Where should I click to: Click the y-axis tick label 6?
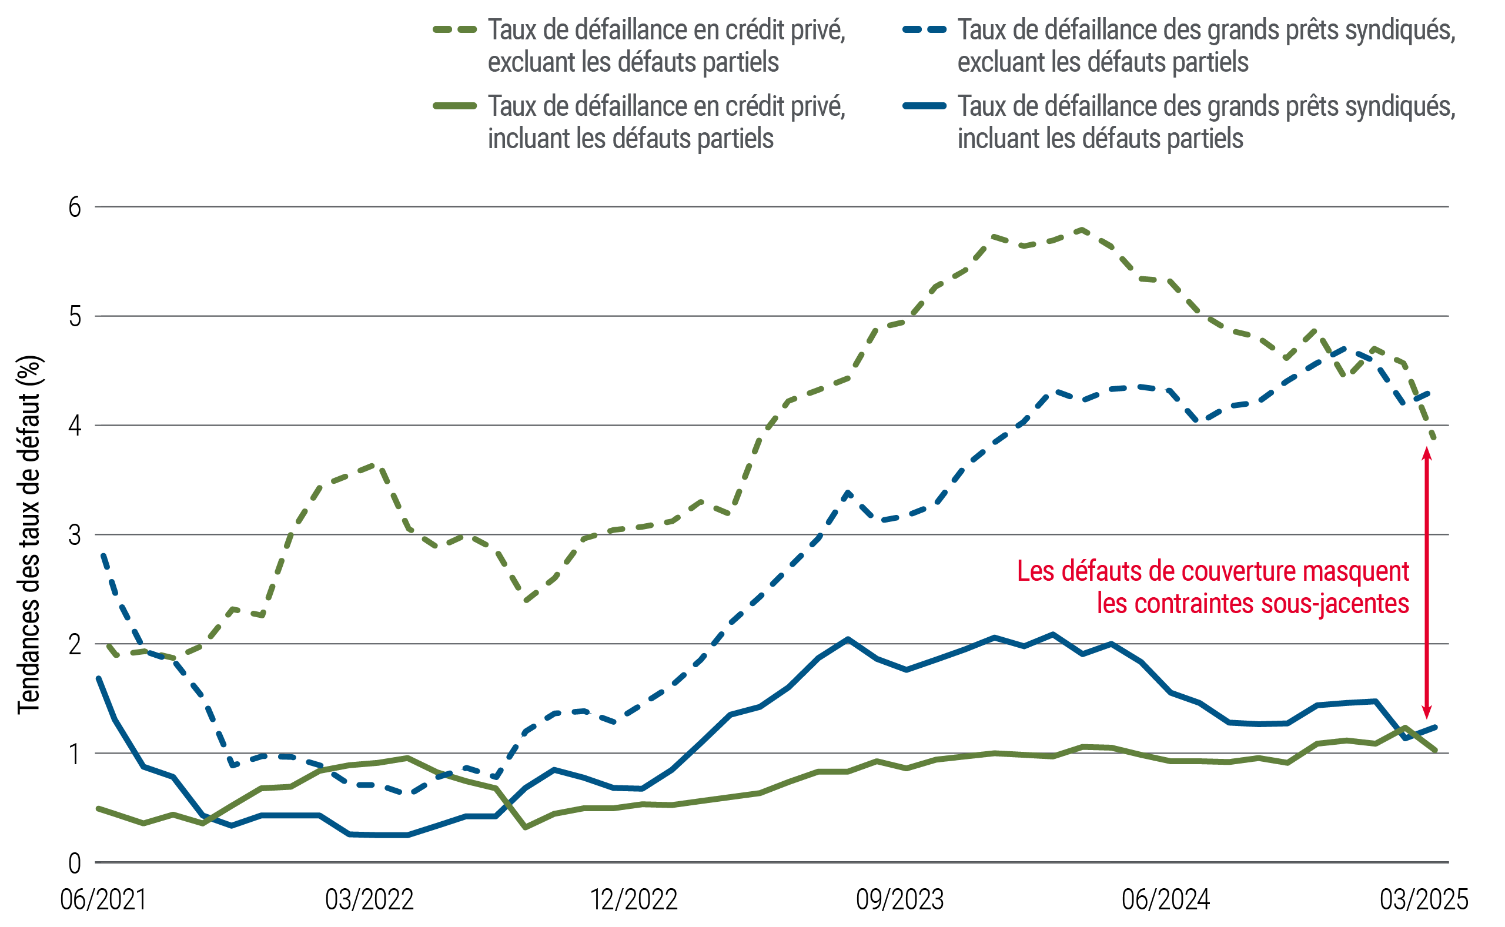click(x=74, y=208)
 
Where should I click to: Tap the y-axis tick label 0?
click(x=74, y=864)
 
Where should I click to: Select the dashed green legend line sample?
click(x=455, y=29)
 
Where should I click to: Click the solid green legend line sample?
click(x=455, y=106)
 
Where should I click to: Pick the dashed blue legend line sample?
click(x=924, y=29)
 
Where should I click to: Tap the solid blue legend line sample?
click(x=924, y=106)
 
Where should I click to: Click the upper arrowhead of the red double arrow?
click(x=1427, y=454)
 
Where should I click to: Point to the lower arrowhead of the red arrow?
click(x=1427, y=711)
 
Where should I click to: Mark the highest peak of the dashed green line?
click(x=1082, y=230)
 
